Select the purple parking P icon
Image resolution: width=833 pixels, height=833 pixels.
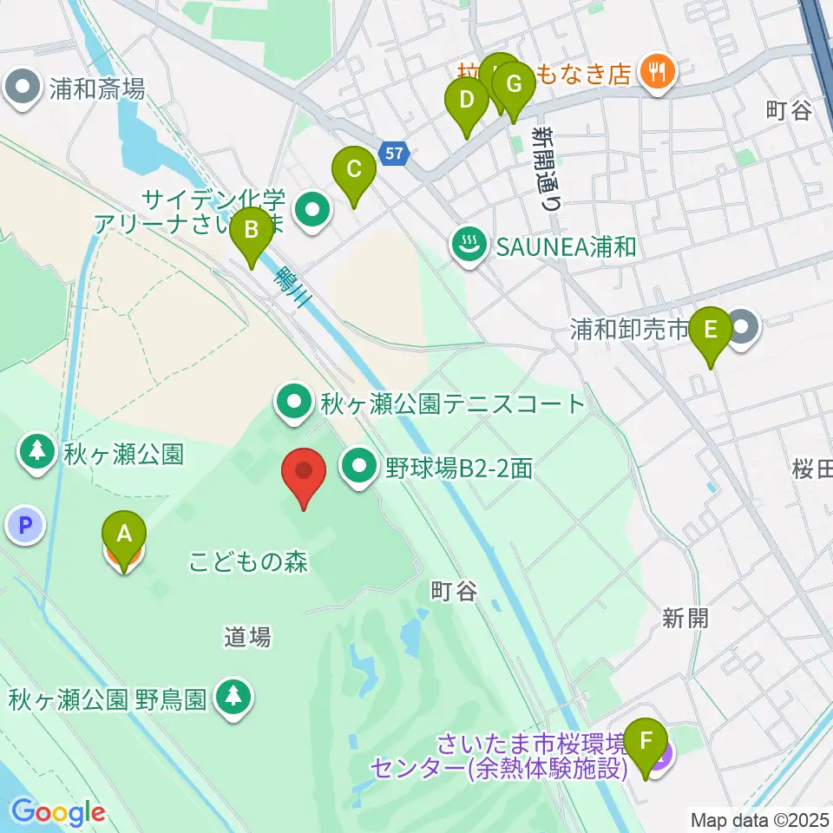click(x=25, y=524)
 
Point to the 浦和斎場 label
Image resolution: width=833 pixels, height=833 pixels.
click(x=95, y=88)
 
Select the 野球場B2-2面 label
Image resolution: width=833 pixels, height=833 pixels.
click(x=457, y=469)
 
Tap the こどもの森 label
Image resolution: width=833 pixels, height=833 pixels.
click(x=249, y=562)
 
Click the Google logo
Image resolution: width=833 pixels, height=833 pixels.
click(x=58, y=813)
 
